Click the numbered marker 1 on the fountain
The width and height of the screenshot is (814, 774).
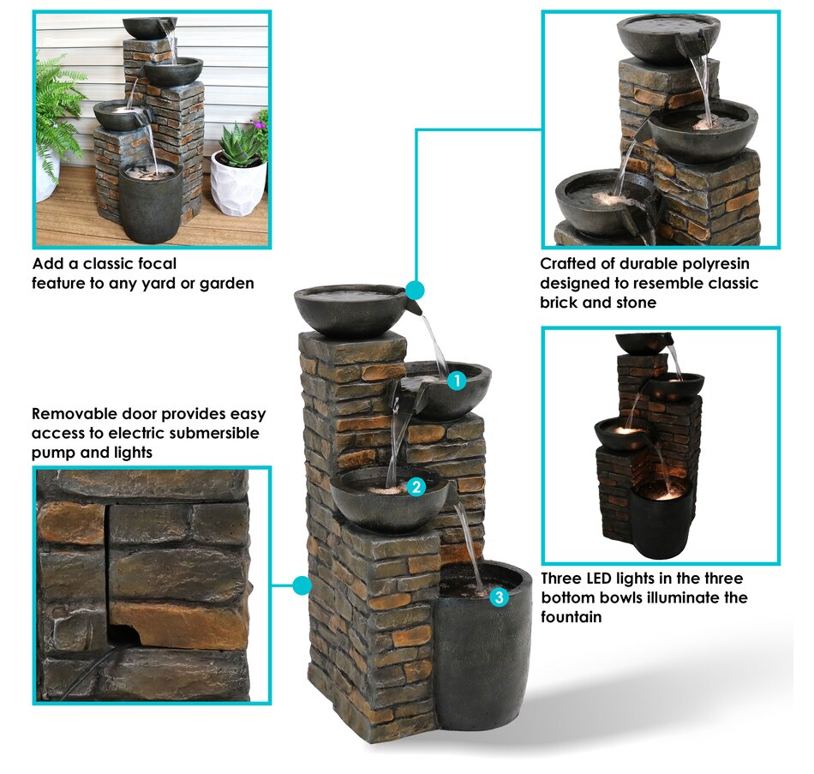point(457,381)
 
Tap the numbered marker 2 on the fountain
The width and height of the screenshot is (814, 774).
point(416,487)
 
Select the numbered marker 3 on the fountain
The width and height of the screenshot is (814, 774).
point(499,597)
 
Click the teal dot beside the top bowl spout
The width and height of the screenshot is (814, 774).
point(414,291)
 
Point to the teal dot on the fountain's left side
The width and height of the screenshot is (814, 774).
point(302,585)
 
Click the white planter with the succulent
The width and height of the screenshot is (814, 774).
point(238,182)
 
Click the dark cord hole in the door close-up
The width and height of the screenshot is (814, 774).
point(122,635)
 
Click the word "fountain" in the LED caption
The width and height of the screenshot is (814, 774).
point(571,616)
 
